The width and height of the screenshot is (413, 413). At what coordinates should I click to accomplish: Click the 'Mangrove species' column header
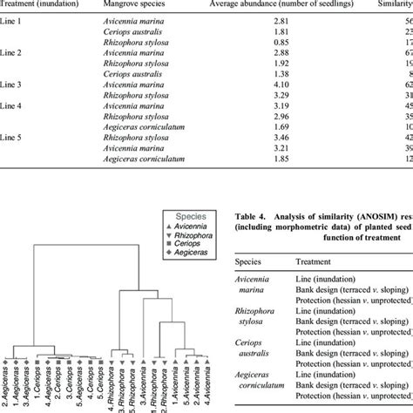click(x=144, y=4)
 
